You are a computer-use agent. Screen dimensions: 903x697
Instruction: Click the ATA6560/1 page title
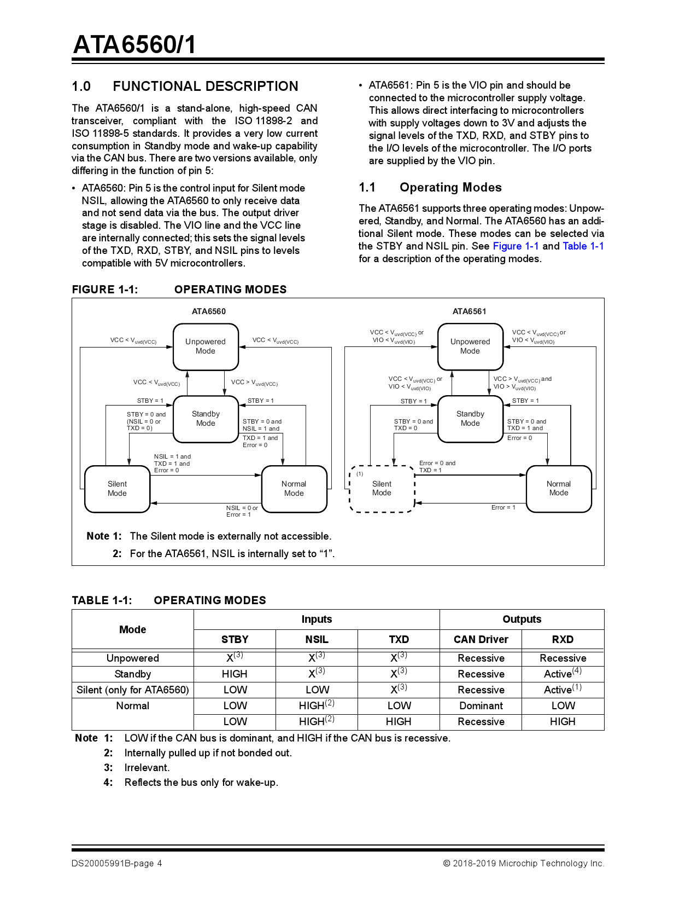click(134, 44)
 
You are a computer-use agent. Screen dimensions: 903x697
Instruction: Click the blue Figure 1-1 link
click(515, 246)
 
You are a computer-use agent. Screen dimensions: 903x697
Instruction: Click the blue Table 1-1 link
click(583, 246)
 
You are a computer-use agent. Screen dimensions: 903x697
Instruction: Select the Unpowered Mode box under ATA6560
click(206, 346)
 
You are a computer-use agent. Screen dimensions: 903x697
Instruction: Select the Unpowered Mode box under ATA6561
click(470, 346)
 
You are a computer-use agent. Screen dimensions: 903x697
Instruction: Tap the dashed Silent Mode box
click(382, 488)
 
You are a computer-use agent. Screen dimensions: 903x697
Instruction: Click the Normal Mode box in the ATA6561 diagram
click(558, 488)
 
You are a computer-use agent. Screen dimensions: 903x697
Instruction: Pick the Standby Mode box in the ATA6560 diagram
click(206, 419)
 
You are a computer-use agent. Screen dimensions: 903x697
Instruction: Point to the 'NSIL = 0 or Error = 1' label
click(242, 511)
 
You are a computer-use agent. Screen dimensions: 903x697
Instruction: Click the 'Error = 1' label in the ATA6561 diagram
click(503, 507)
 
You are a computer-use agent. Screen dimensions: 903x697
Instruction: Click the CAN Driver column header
click(481, 639)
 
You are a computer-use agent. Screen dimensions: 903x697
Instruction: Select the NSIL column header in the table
click(317, 639)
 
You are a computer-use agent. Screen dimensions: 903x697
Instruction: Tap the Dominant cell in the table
click(481, 706)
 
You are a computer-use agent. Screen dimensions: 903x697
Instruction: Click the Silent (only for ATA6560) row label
click(133, 690)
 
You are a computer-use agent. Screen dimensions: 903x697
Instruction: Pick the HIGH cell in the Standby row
click(235, 674)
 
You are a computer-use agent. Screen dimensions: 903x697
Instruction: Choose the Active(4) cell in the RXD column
click(562, 674)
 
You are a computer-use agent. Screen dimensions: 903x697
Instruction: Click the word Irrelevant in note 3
click(147, 768)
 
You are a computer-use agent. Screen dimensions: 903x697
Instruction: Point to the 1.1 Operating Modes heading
click(430, 188)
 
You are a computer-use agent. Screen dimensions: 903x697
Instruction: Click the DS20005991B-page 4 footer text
click(116, 864)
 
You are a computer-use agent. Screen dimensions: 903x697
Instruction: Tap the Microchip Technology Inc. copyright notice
click(523, 864)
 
